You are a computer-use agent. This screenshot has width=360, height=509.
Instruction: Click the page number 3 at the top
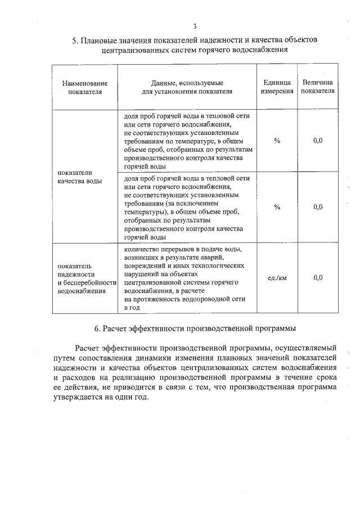coord(195,26)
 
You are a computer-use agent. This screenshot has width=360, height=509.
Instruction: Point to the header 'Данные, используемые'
coord(187,83)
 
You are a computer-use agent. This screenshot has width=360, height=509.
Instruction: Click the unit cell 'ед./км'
coord(277,278)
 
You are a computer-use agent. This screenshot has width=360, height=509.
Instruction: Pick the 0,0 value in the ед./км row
coord(318,278)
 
